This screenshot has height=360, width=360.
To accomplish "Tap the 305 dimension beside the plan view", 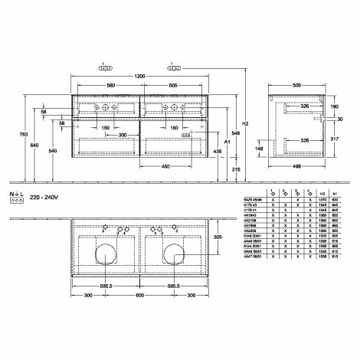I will click(x=219, y=237).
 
